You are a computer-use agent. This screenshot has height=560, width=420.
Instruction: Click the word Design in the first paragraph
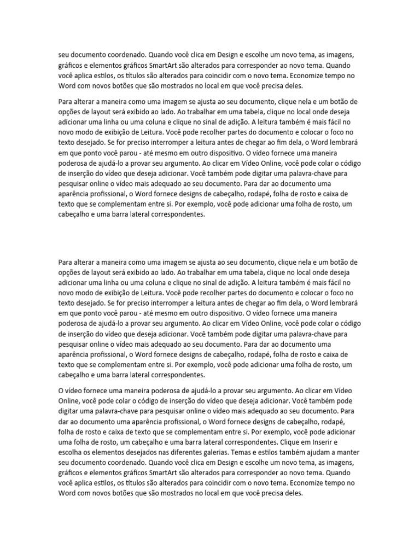point(227,55)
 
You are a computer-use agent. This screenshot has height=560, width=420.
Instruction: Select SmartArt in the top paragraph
point(153,65)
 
